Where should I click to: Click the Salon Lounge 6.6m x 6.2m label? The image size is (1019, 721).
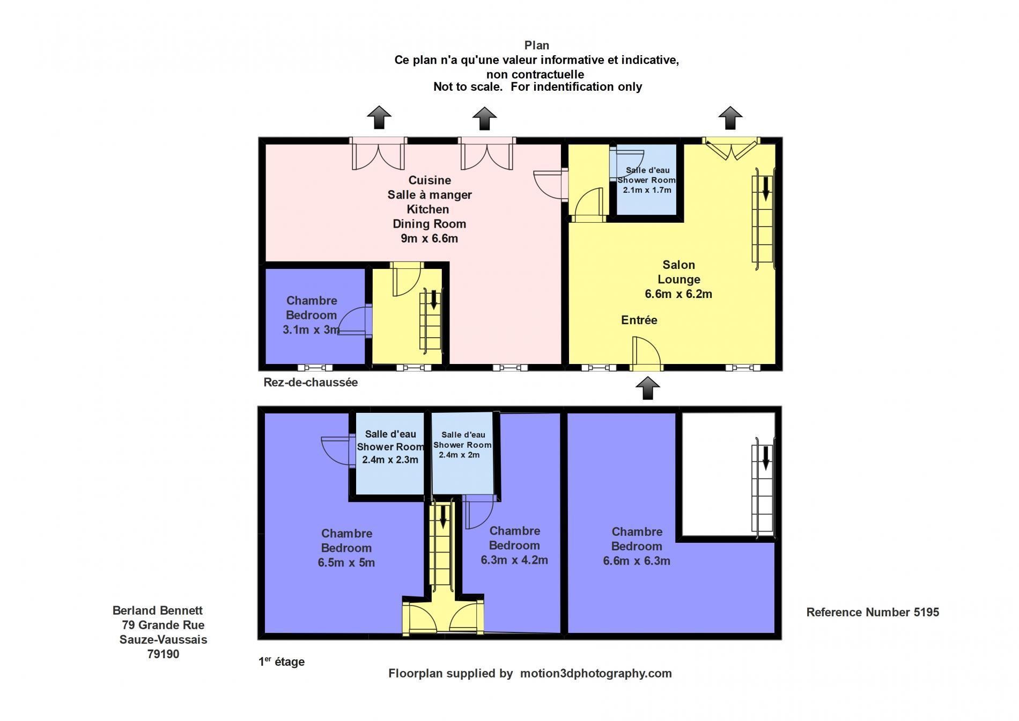click(678, 279)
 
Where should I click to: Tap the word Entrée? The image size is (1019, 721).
click(639, 320)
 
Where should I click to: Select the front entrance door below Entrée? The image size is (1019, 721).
click(646, 354)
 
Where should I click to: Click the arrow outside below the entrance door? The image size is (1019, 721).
click(647, 388)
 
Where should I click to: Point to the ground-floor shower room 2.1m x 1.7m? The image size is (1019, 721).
click(646, 180)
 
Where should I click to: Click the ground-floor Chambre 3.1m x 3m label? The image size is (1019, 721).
click(311, 315)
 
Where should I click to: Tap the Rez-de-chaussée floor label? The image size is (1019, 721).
click(311, 382)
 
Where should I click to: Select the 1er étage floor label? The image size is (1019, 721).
click(282, 661)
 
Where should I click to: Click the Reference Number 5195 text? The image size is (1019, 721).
click(873, 612)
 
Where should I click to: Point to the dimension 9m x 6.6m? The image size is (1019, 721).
click(429, 238)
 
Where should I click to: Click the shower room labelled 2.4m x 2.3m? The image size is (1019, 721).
click(390, 454)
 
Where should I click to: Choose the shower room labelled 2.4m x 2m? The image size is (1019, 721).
click(462, 453)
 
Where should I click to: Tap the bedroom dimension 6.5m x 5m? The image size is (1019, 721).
click(346, 563)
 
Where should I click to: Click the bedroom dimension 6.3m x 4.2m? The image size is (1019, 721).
click(514, 560)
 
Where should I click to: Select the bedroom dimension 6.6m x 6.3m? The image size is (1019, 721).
click(637, 561)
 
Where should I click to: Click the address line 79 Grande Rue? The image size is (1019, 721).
click(163, 625)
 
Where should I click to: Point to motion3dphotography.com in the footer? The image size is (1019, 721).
click(596, 673)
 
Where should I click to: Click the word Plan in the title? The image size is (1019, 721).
click(537, 46)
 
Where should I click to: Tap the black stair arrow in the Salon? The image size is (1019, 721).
click(766, 188)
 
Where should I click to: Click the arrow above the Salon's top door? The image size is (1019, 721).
click(730, 118)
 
